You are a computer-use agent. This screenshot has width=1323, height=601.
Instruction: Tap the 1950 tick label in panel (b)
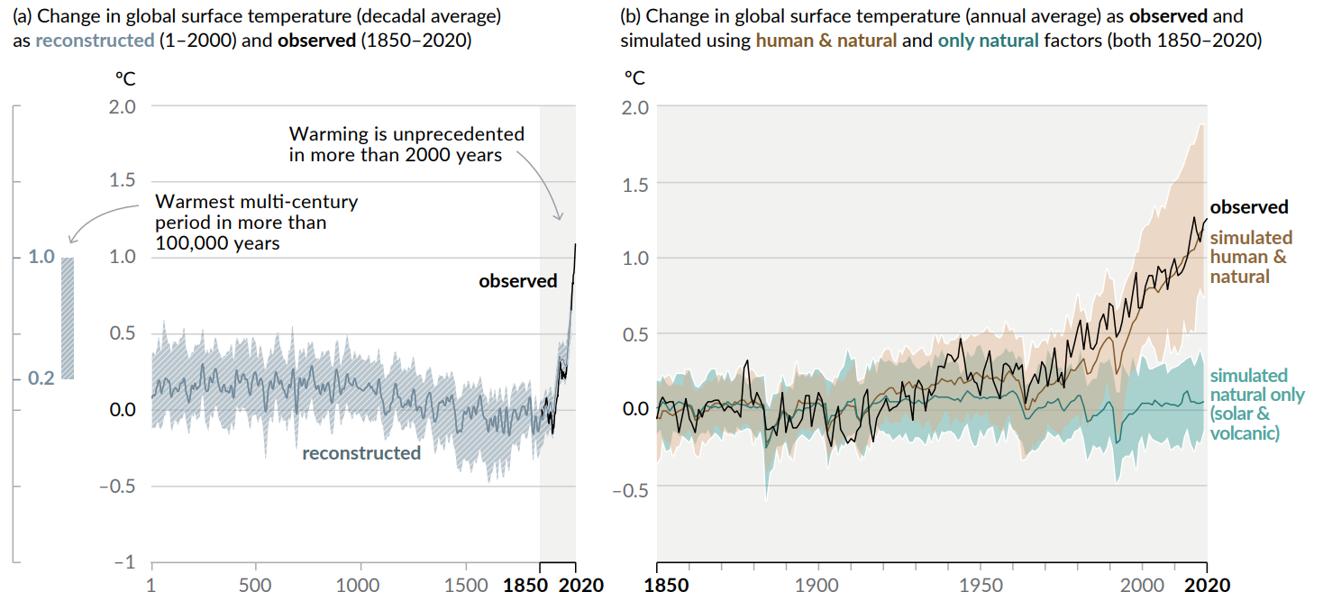pos(980,585)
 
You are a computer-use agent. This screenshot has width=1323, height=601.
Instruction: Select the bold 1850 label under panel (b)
pos(668,585)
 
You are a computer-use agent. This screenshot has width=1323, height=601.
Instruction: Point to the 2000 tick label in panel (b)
pos(1142,585)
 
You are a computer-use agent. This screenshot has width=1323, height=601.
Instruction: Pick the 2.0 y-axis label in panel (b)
pos(635,107)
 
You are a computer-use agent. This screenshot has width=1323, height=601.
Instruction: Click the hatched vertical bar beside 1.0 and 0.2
pos(67,318)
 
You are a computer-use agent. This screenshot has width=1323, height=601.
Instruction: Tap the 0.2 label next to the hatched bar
pos(41,378)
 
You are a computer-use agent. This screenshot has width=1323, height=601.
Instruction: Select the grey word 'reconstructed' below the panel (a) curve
pos(360,453)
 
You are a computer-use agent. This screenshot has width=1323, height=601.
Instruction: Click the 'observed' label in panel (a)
pos(517,281)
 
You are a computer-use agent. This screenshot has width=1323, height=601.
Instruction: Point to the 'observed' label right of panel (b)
pos(1248,207)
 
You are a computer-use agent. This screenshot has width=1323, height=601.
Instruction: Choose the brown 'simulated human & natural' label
pos(1250,257)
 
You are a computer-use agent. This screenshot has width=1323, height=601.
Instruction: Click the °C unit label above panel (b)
pos(635,77)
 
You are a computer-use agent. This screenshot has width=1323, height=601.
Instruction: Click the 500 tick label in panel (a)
pos(256,585)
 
